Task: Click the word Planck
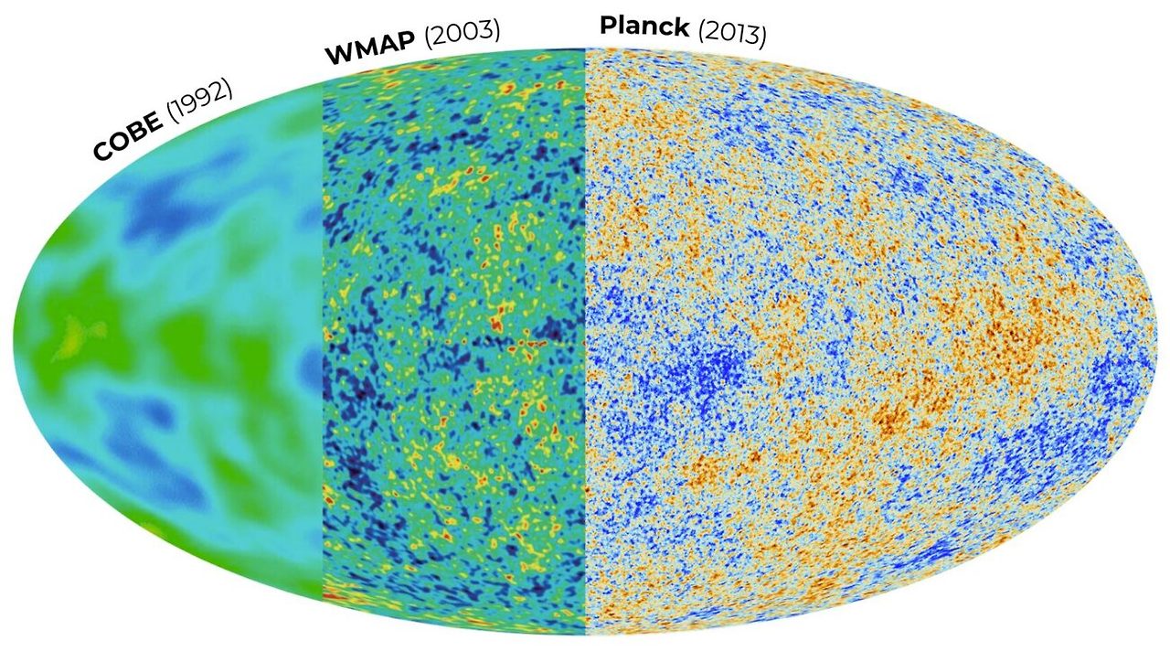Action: coord(643,27)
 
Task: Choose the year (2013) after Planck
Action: coord(731,34)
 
